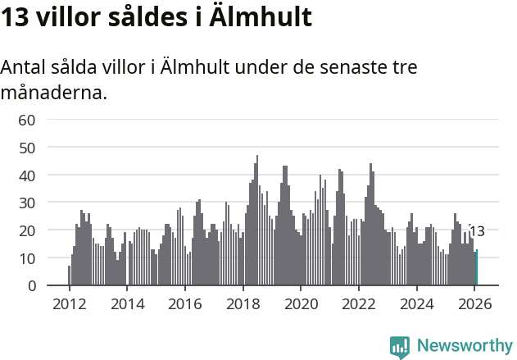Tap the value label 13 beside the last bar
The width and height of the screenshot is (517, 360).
pyautogui.click(x=477, y=231)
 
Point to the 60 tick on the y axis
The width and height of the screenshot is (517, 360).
pyautogui.click(x=27, y=120)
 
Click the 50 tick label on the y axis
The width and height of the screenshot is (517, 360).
pyautogui.click(x=27, y=148)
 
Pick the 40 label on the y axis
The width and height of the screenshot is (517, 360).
pyautogui.click(x=27, y=175)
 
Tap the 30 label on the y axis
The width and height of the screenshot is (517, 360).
pyautogui.click(x=27, y=203)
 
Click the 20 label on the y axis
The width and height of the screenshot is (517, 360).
pyautogui.click(x=27, y=230)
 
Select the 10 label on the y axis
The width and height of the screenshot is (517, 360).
pyautogui.click(x=27, y=258)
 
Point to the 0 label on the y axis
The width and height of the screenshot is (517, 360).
pyautogui.click(x=31, y=286)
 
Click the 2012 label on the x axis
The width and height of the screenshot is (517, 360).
pyautogui.click(x=69, y=304)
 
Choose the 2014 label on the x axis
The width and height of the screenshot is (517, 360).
pyautogui.click(x=127, y=304)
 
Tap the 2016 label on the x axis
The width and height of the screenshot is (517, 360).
pyautogui.click(x=185, y=304)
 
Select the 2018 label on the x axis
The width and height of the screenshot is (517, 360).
pyautogui.click(x=243, y=304)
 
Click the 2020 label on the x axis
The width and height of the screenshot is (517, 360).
pyautogui.click(x=301, y=304)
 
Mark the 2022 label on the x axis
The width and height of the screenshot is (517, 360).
pyautogui.click(x=359, y=304)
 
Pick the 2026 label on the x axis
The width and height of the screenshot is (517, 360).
pyautogui.click(x=474, y=304)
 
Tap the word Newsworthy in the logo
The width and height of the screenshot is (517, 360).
pyautogui.click(x=464, y=346)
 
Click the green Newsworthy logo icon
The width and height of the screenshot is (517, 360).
pyautogui.click(x=400, y=347)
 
